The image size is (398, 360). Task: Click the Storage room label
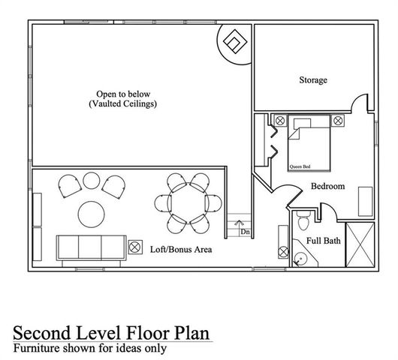point(313,80)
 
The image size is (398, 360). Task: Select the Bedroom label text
point(327,186)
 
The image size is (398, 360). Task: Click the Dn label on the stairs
point(245,232)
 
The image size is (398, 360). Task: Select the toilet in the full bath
point(302,222)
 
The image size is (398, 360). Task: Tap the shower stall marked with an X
point(360,244)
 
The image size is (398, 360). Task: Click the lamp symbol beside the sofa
point(136,246)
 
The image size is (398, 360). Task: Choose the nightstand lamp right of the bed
point(338,120)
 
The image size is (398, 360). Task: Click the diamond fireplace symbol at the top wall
point(234,43)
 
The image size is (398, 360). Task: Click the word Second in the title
point(47,332)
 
